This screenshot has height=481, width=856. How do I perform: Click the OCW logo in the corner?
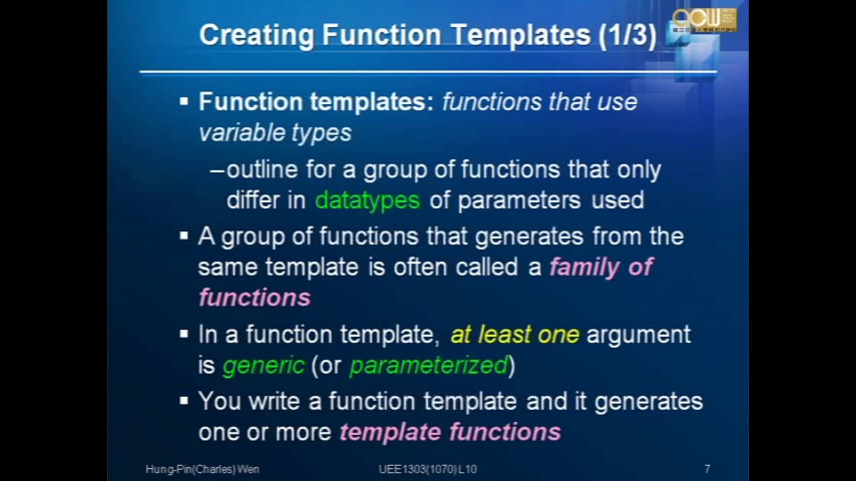pyautogui.click(x=704, y=20)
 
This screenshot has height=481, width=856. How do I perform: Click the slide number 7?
pyautogui.click(x=707, y=469)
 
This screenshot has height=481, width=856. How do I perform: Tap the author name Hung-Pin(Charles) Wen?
pyautogui.click(x=202, y=469)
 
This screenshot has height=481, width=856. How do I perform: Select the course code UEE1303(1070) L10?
pyautogui.click(x=428, y=469)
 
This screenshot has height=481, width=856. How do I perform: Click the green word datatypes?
pyautogui.click(x=368, y=200)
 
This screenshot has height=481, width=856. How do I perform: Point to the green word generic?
pyautogui.click(x=263, y=366)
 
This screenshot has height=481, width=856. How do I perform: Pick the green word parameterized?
pyautogui.click(x=429, y=366)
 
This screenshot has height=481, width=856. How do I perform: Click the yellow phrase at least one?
pyautogui.click(x=515, y=334)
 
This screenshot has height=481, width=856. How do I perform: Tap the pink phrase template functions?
pyautogui.click(x=450, y=432)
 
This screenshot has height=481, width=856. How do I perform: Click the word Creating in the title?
pyautogui.click(x=257, y=36)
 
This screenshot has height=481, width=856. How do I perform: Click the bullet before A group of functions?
pyautogui.click(x=184, y=236)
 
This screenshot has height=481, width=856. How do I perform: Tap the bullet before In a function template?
pyautogui.click(x=184, y=334)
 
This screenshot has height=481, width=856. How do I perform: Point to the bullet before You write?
pyautogui.click(x=184, y=401)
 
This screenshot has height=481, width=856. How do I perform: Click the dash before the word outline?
pyautogui.click(x=217, y=171)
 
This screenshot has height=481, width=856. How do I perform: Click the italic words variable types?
pyautogui.click(x=275, y=133)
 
